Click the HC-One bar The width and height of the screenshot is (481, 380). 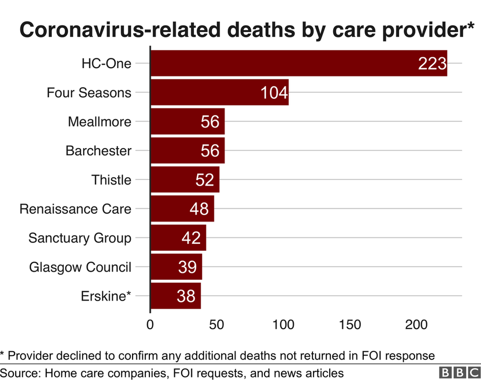pos(298,63)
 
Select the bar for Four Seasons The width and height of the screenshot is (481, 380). pos(219,92)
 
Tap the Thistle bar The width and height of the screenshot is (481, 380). pos(184,180)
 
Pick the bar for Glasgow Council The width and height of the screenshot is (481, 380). pos(176,267)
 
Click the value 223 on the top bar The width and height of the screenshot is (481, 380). pos(432,64)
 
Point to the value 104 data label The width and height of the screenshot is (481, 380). pos(274,93)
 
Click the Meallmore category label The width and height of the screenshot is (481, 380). pos(100,121)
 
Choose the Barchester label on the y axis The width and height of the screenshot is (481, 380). pos(99,151)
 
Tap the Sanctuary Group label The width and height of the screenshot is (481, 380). pos(80,238)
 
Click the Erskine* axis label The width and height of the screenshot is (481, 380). pos(106,296)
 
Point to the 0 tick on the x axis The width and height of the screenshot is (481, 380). pos(150,325)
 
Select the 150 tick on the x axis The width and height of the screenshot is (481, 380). pos(349,325)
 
